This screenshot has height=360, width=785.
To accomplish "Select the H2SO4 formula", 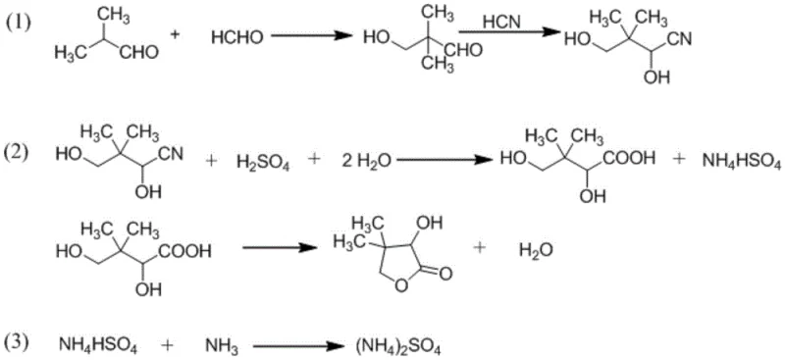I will tap(259, 159).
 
